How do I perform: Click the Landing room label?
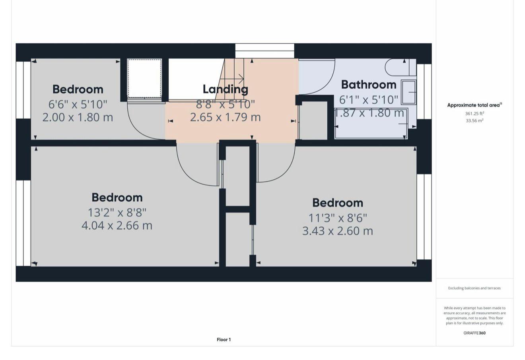(225, 89)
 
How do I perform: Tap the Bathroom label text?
(369, 85)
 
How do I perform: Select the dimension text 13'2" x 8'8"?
(117, 212)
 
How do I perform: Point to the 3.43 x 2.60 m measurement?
(338, 231)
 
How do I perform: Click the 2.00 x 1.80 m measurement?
(78, 117)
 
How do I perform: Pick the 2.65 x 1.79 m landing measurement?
(225, 117)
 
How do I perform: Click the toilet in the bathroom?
(400, 67)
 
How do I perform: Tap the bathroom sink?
(409, 92)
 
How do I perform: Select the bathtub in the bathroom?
(371, 124)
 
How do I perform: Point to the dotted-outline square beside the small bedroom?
(144, 78)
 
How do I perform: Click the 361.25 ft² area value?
(474, 114)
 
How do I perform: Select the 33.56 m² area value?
(474, 121)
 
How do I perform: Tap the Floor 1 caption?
(224, 340)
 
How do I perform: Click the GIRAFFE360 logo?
(474, 333)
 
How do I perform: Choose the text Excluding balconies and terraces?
(474, 288)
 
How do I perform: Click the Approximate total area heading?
(474, 105)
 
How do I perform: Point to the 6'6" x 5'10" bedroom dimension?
(78, 104)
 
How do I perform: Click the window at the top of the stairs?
(264, 51)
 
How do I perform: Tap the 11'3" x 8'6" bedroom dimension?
(338, 218)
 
